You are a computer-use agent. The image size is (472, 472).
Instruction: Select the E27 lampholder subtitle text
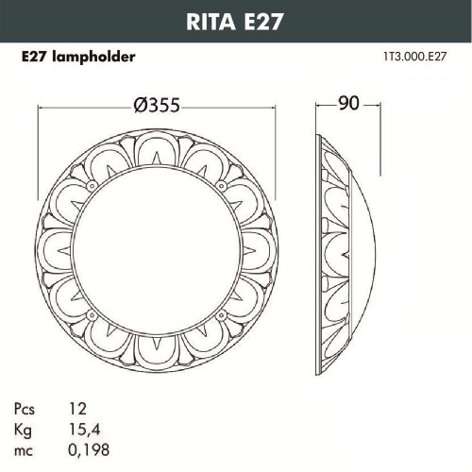78,57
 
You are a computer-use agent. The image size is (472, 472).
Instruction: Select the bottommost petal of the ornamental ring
159,349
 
